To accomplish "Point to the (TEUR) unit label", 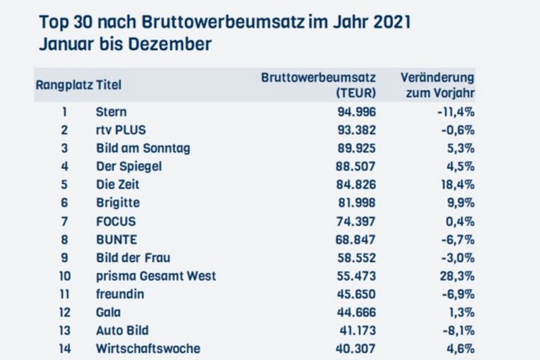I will [x=355, y=93].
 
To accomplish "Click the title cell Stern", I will [x=112, y=112].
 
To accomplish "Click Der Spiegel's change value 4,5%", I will [x=460, y=166].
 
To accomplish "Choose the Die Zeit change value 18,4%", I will [x=457, y=184].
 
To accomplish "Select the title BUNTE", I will [x=117, y=239].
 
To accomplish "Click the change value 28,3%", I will [x=457, y=276].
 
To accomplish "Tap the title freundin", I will [x=119, y=294].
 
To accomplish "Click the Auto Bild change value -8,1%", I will [x=458, y=330].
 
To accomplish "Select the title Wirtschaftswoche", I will [x=148, y=349].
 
